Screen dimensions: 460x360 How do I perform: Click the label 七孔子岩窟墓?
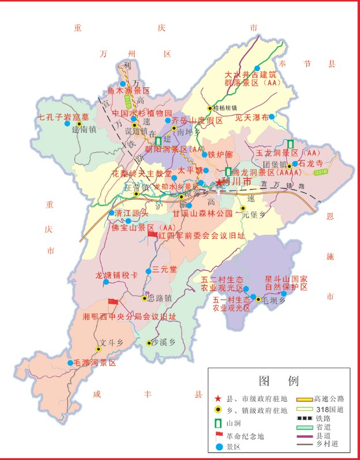(63, 117)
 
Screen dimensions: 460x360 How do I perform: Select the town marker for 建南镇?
(79, 123)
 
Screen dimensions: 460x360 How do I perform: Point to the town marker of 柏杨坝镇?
(211, 108)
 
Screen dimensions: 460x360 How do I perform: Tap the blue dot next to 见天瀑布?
(272, 117)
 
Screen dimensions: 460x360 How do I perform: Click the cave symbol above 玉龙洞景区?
(290, 143)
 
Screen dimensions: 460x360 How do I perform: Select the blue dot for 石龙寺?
(295, 164)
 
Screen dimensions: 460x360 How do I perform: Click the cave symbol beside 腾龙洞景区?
(228, 171)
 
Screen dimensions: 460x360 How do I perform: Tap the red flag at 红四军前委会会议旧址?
(152, 234)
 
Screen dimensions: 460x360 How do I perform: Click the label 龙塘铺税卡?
(117, 275)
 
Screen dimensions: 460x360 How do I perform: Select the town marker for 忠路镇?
(144, 298)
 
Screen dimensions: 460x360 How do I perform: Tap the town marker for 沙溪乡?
(148, 343)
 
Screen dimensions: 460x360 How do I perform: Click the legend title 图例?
(279, 381)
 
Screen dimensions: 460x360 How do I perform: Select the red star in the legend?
(217, 399)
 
